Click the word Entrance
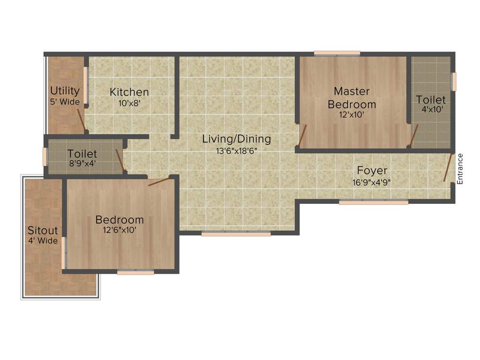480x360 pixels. (460, 169)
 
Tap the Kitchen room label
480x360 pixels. (129, 92)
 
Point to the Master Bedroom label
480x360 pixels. (352, 97)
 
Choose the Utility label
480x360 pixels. (65, 90)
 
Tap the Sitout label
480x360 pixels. (43, 230)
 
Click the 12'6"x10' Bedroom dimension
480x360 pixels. (120, 230)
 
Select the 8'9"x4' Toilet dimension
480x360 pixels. (82, 165)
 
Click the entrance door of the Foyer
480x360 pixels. (448, 167)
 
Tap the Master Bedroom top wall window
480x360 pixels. (337, 53)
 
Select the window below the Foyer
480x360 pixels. (374, 202)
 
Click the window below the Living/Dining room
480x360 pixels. (236, 233)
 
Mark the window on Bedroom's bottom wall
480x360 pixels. (135, 272)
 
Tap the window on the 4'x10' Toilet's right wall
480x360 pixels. (454, 82)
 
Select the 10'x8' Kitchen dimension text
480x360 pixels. (129, 103)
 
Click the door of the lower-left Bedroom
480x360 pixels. (159, 181)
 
